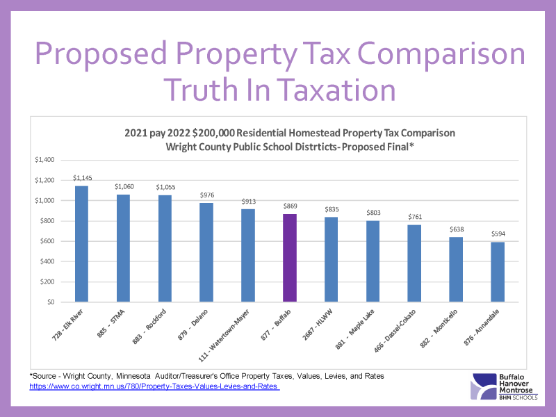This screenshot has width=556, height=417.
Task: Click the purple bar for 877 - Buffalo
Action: tap(289, 258)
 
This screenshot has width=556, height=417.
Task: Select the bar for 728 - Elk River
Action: tap(81, 244)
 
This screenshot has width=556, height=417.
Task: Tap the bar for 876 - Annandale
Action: tap(497, 272)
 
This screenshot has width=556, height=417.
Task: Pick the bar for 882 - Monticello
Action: tap(456, 270)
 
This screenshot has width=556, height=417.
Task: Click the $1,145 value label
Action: tap(81, 179)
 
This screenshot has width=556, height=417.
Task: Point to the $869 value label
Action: tap(289, 206)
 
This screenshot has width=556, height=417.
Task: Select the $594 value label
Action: tap(497, 234)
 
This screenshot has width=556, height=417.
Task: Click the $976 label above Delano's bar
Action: tap(206, 195)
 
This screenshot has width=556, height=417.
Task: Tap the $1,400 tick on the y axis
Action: tap(44, 160)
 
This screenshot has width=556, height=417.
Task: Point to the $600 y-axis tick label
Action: tap(46, 241)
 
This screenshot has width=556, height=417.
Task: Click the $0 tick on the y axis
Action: tap(49, 302)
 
